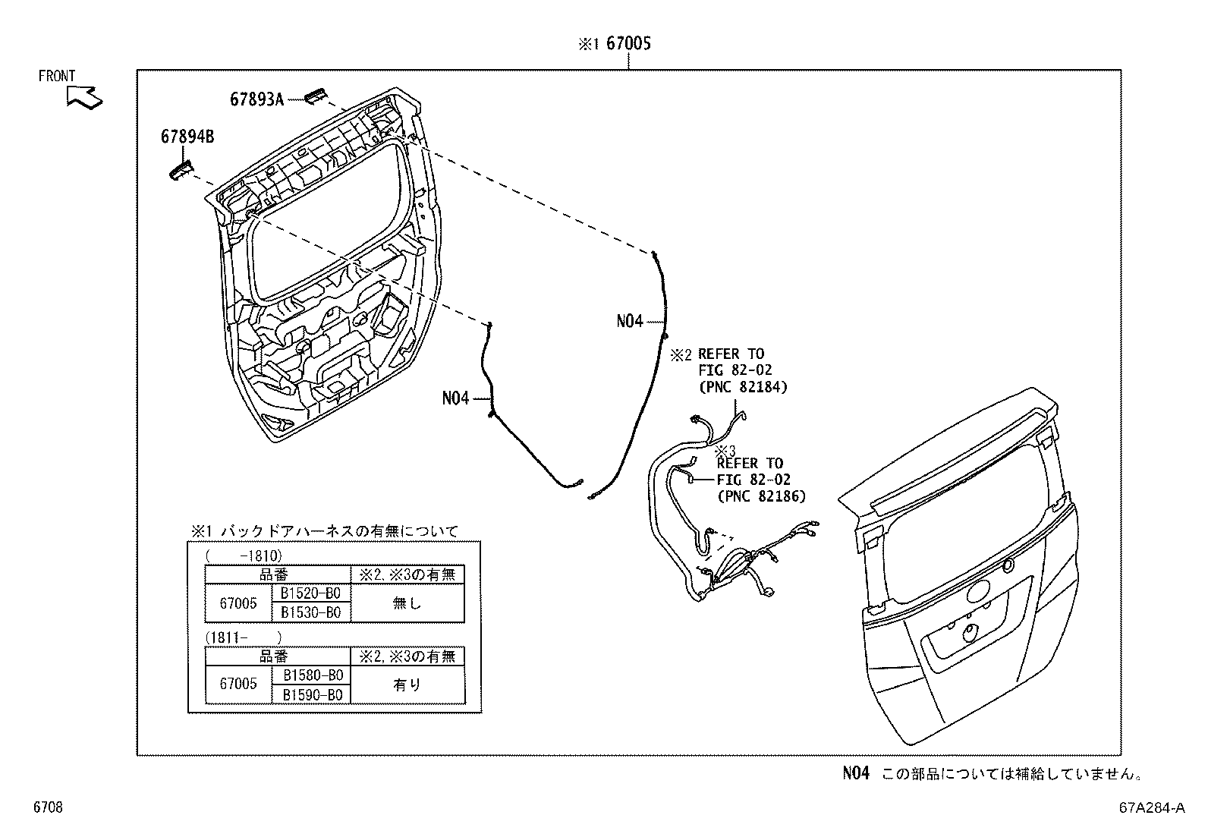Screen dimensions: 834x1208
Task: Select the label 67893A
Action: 256,99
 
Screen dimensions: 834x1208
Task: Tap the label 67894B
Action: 187,137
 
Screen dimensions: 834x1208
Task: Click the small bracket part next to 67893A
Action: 315,96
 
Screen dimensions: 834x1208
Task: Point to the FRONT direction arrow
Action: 83,97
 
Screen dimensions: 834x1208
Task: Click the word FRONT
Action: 57,76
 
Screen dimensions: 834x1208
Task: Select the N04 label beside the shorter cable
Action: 456,398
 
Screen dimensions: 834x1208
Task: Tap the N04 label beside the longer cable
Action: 630,321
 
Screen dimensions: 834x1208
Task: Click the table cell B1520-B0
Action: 310,593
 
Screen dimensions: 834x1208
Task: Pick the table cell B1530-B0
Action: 310,612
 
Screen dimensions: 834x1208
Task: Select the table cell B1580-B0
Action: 313,675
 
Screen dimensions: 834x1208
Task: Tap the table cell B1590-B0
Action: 313,694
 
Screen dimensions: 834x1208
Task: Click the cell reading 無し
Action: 407,603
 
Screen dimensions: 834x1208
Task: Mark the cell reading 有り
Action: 407,685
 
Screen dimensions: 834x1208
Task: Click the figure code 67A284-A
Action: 1151,807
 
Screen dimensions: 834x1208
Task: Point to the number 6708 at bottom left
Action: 47,807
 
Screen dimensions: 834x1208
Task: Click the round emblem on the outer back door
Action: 978,593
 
